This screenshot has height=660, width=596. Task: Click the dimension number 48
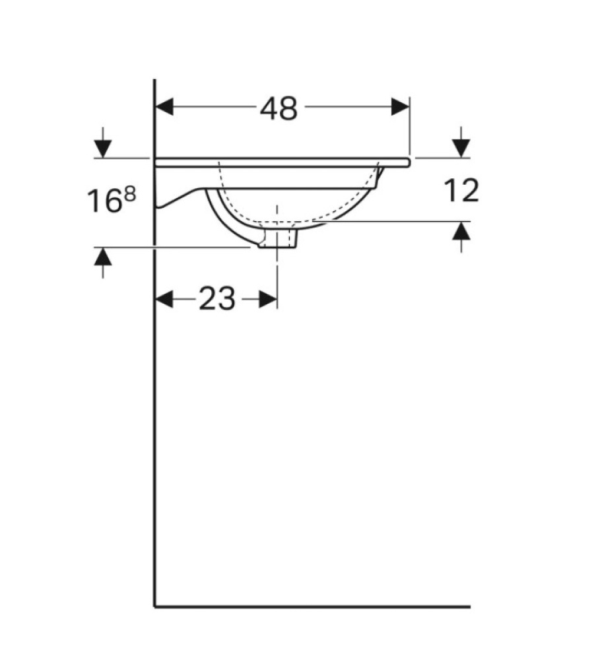[x=279, y=109]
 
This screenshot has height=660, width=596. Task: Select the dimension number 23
[x=216, y=300]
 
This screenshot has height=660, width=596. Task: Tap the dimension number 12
[x=460, y=191]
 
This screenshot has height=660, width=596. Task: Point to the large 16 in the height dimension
[x=104, y=201]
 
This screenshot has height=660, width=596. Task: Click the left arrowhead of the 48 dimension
[x=164, y=106]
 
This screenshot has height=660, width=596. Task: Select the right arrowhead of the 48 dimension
[x=400, y=106]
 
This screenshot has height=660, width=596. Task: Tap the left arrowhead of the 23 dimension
[x=164, y=300]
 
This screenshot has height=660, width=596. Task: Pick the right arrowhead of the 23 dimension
[x=267, y=300]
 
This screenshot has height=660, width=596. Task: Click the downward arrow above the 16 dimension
[x=102, y=147]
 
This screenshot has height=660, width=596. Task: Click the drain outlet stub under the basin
[x=278, y=239]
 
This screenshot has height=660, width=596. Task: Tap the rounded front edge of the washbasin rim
[x=409, y=160]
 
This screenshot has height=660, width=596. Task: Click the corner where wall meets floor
[x=154, y=606]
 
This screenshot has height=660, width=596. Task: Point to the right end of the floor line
[x=469, y=606]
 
